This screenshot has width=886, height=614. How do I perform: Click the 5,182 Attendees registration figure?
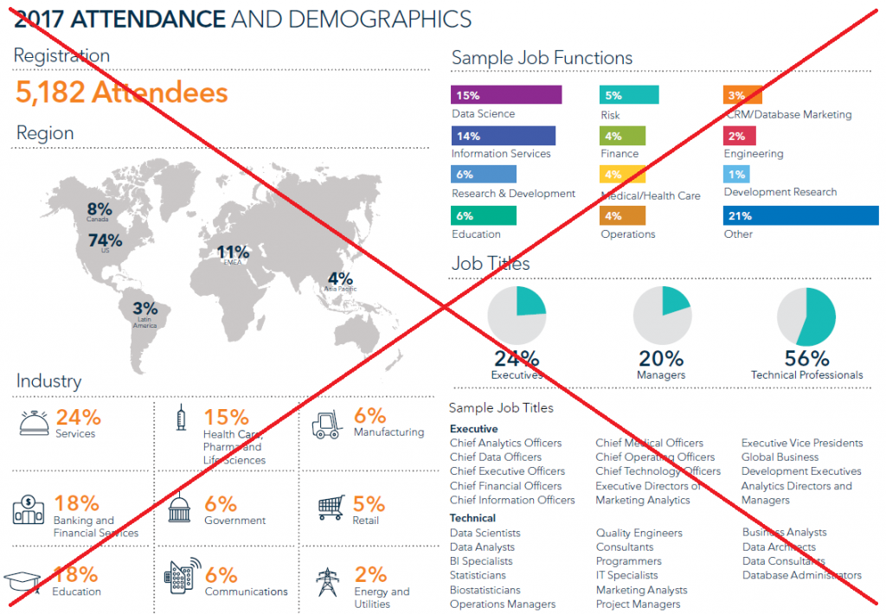(x=122, y=92)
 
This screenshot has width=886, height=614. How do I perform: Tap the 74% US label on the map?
(x=105, y=241)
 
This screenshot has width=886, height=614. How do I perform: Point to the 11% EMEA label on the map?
(x=233, y=254)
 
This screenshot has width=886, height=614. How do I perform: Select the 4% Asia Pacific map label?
(x=340, y=280)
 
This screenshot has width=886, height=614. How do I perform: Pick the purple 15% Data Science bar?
(x=506, y=95)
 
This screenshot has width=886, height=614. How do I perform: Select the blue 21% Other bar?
(x=800, y=215)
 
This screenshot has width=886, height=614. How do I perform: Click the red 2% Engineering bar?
(x=740, y=136)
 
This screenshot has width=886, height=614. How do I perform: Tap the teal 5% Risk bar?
(x=629, y=95)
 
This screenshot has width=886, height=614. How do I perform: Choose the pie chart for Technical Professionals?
(x=806, y=317)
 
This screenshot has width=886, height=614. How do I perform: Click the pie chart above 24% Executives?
(x=517, y=316)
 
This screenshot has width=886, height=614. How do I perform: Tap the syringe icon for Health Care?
(x=181, y=419)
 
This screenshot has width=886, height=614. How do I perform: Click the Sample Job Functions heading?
(x=542, y=58)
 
